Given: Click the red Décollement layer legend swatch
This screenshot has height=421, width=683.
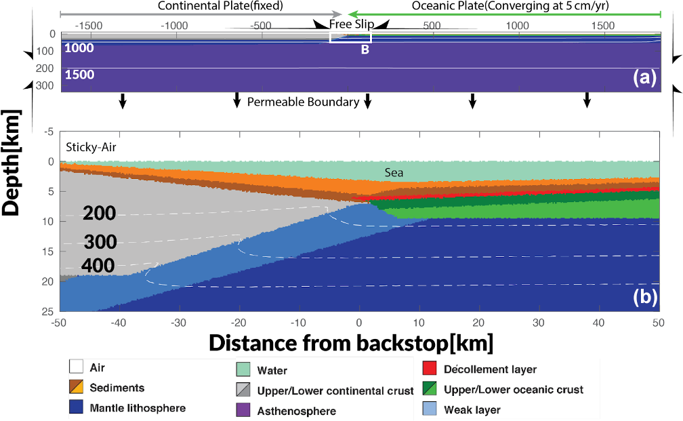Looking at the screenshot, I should click(x=429, y=369).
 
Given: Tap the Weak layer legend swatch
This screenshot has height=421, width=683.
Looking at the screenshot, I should click(x=429, y=409).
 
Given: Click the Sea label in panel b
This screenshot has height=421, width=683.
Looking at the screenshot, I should click(x=394, y=173).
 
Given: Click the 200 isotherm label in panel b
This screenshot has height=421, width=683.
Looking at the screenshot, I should click(x=100, y=214).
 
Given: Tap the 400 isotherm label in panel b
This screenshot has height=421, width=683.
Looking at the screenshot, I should click(x=98, y=266).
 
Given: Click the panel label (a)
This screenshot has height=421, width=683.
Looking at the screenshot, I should click(x=644, y=77).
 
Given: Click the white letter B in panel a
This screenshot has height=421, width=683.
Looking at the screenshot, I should click(x=365, y=49).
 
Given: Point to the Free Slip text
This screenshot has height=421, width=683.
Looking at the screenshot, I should click(x=352, y=24).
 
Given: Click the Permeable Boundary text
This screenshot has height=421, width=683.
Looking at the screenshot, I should click(x=302, y=102).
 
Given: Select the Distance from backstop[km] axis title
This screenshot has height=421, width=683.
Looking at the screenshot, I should click(x=351, y=342).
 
